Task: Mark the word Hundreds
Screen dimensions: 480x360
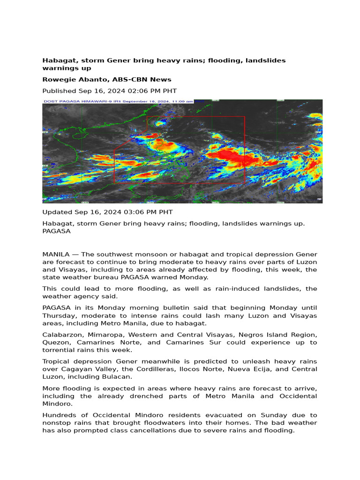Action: click(59, 415)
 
